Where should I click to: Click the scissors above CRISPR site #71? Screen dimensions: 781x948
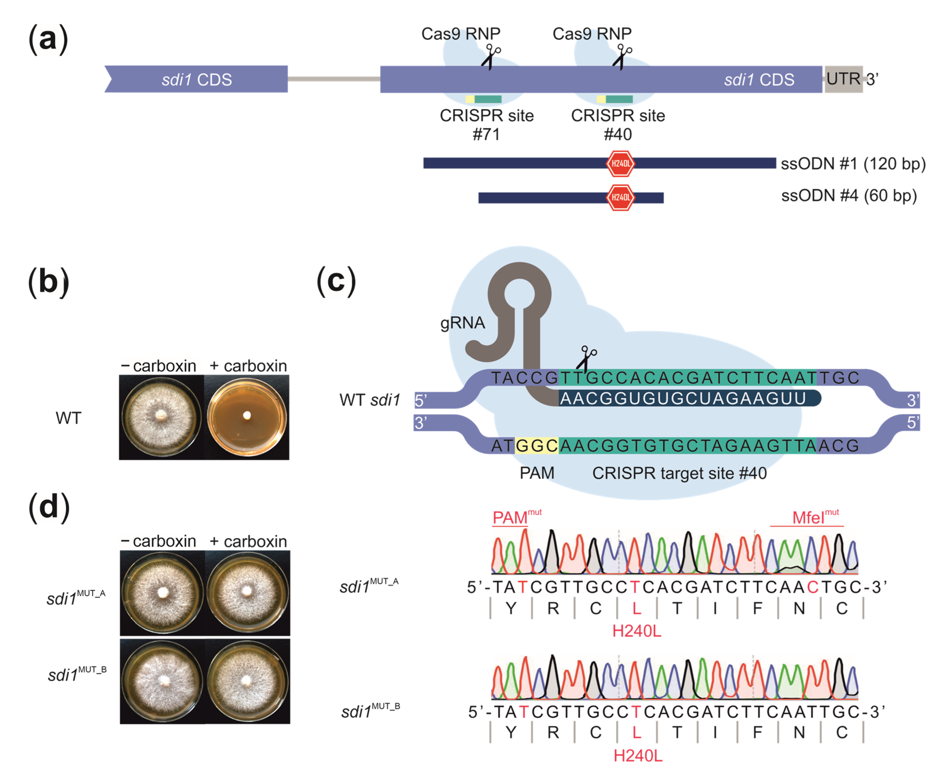pyautogui.click(x=491, y=57)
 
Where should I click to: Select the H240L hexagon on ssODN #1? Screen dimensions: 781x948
pyautogui.click(x=621, y=163)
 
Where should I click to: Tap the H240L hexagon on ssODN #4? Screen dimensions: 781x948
pyautogui.click(x=621, y=197)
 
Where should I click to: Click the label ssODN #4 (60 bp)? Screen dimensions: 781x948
pyautogui.click(x=849, y=196)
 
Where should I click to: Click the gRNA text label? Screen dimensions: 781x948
pyautogui.click(x=462, y=323)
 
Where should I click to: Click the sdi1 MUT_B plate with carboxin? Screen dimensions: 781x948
pyautogui.click(x=247, y=681)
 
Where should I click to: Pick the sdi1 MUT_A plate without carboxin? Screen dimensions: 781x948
pyautogui.click(x=162, y=593)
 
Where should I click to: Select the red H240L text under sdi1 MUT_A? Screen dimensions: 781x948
pyautogui.click(x=636, y=631)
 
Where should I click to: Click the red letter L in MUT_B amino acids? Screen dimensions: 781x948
pyautogui.click(x=636, y=732)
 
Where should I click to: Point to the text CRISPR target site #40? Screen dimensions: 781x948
pyautogui.click(x=679, y=473)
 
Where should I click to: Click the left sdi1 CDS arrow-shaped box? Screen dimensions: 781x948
pyautogui.click(x=197, y=79)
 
